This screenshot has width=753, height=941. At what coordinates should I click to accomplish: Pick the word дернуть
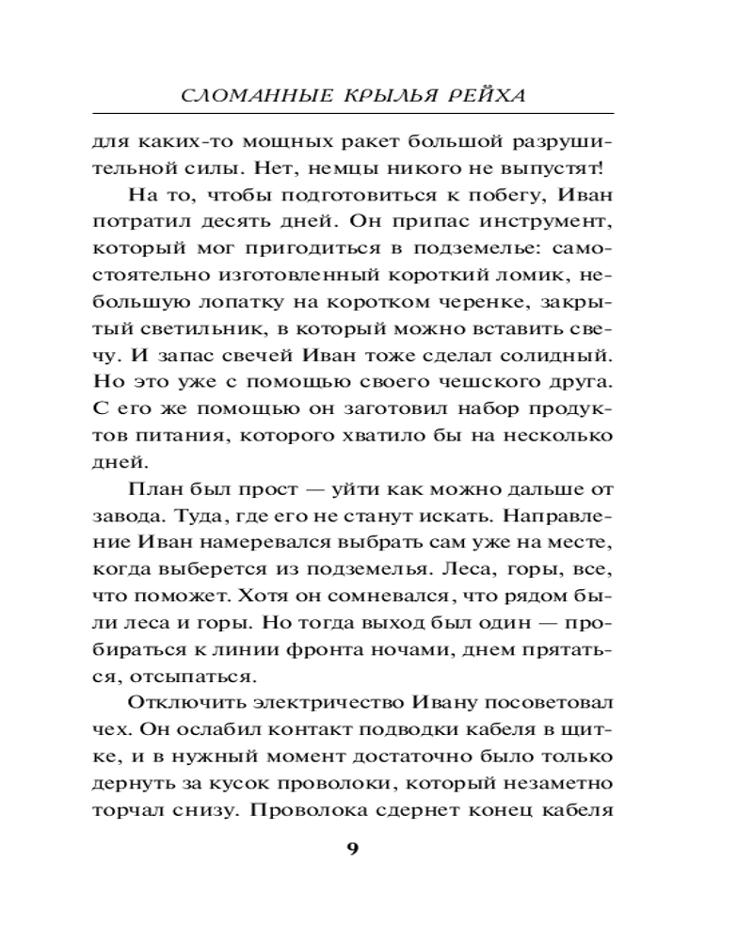point(126,782)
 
